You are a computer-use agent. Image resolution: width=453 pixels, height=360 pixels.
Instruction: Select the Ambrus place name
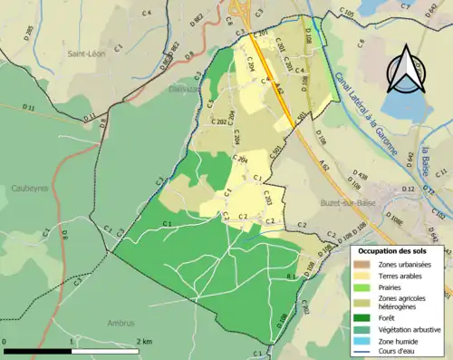pos(119,322)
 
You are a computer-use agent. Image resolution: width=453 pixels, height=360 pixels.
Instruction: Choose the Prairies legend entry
pos(361,286)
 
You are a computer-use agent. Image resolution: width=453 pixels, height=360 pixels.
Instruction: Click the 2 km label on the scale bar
pos(143,341)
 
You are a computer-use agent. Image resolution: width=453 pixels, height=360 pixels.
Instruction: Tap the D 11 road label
pos(28,108)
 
